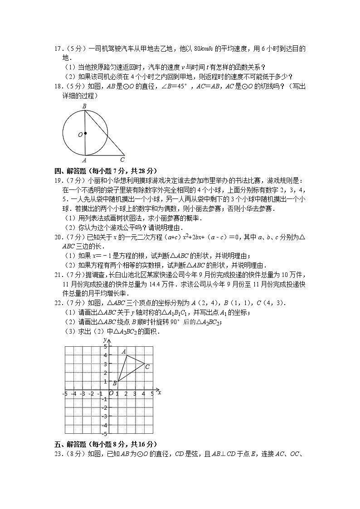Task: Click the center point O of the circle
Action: pos(85,134)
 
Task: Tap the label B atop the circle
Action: pos(84,106)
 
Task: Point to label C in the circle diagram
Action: pos(122,160)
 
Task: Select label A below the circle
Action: pos(85,160)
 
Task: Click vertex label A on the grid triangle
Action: pos(123,351)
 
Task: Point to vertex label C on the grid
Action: pos(147,366)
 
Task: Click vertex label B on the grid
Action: pos(114,383)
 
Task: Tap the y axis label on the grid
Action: pos(104,339)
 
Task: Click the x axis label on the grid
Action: pos(160,392)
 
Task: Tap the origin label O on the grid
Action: pos(111,394)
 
